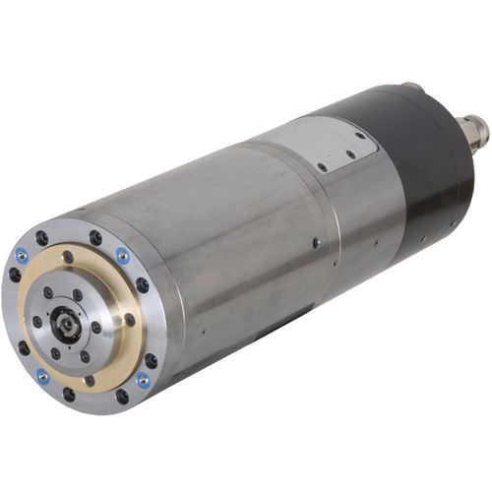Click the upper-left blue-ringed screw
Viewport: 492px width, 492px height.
pyautogui.click(x=22, y=256)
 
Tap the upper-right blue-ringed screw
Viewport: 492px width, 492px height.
pyautogui.click(x=123, y=256)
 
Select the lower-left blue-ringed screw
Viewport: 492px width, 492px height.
pyautogui.click(x=42, y=376)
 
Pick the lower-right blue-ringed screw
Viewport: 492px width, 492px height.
pyautogui.click(x=144, y=379)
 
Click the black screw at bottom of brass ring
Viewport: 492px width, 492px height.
pyautogui.click(x=90, y=380)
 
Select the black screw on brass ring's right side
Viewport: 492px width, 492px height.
pyautogui.click(x=130, y=319)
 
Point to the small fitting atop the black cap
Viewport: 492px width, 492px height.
pyautogui.click(x=411, y=88)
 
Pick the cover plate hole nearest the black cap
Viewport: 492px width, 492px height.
pyautogui.click(x=360, y=136)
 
